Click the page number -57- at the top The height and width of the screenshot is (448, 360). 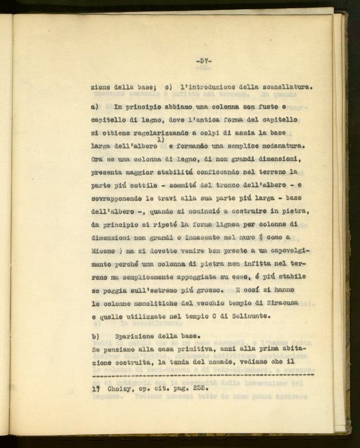203,61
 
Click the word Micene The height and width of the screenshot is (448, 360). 103,251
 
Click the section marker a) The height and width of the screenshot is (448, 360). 94,108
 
